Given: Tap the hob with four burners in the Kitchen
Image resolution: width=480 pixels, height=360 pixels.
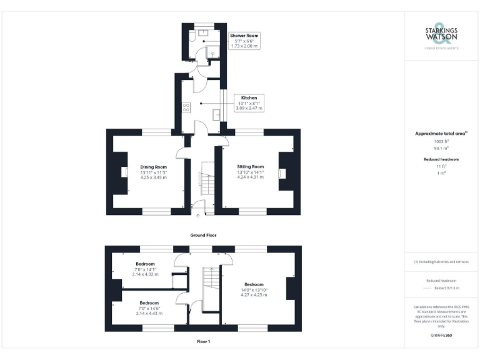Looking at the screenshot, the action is (x=186, y=107).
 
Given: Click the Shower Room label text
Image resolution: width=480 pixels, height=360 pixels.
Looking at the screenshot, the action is (x=244, y=36).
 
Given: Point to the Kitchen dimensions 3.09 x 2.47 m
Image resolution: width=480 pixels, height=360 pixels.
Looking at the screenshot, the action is (x=249, y=108).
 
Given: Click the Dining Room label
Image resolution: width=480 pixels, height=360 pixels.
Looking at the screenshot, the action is (x=153, y=167).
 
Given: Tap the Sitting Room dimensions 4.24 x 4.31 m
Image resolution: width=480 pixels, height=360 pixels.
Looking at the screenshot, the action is (x=250, y=178).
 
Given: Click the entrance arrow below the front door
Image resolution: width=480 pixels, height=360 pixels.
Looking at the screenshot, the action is (x=199, y=216).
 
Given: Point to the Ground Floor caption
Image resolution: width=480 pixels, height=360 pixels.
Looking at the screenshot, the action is (x=203, y=235).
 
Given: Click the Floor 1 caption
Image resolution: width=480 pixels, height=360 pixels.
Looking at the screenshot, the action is (x=203, y=342).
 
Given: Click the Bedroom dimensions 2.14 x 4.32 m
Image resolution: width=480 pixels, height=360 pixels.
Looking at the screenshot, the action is (x=145, y=274).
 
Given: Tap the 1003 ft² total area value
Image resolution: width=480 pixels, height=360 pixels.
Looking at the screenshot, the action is (x=441, y=142).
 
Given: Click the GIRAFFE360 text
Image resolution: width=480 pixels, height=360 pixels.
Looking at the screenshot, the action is (x=441, y=336).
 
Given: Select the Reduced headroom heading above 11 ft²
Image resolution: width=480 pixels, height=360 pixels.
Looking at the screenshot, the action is (x=441, y=159).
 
